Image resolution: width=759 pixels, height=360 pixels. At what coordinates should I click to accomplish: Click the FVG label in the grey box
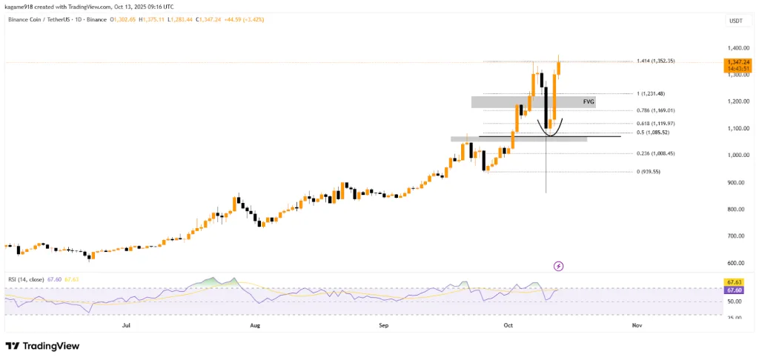(589, 101)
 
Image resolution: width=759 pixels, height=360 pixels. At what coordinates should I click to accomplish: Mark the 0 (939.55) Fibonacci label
(649, 171)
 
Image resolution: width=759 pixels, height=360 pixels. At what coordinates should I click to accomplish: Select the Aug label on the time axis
(255, 325)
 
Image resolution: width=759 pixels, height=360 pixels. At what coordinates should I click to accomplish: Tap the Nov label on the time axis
(636, 325)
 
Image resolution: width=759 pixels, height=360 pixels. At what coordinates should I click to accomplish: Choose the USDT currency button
(736, 21)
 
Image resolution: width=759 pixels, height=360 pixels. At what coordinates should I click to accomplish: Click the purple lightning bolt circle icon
(558, 265)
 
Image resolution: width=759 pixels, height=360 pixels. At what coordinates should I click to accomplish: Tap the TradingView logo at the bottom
(42, 346)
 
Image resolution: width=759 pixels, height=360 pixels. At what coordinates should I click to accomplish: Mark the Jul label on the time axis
(126, 325)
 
